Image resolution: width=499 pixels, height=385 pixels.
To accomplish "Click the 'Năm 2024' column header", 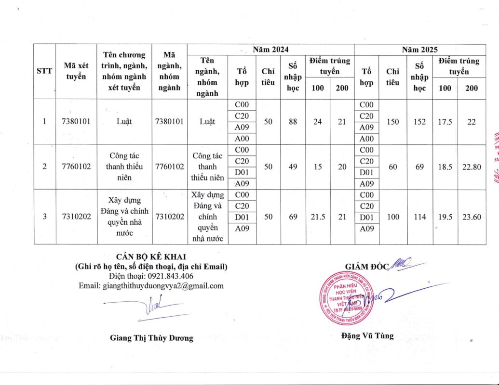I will pos(270,50).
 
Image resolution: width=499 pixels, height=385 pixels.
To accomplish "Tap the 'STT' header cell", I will pos(44,72).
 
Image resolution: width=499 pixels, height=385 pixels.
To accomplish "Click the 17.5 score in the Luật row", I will pos(445,122).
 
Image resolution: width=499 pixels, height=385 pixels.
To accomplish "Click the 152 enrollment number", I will pos(419,122).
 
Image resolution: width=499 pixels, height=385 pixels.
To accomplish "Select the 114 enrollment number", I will pos(419,217).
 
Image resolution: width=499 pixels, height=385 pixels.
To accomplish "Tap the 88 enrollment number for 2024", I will pos(292,122).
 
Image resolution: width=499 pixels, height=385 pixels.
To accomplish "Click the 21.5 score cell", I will pos(317,217).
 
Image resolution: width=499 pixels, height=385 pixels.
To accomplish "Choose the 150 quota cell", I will pos(392,122).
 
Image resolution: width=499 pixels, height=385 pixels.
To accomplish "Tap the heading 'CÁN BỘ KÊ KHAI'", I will pos(151,256).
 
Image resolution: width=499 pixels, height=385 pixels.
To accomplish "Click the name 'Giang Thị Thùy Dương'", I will pos(151,338).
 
